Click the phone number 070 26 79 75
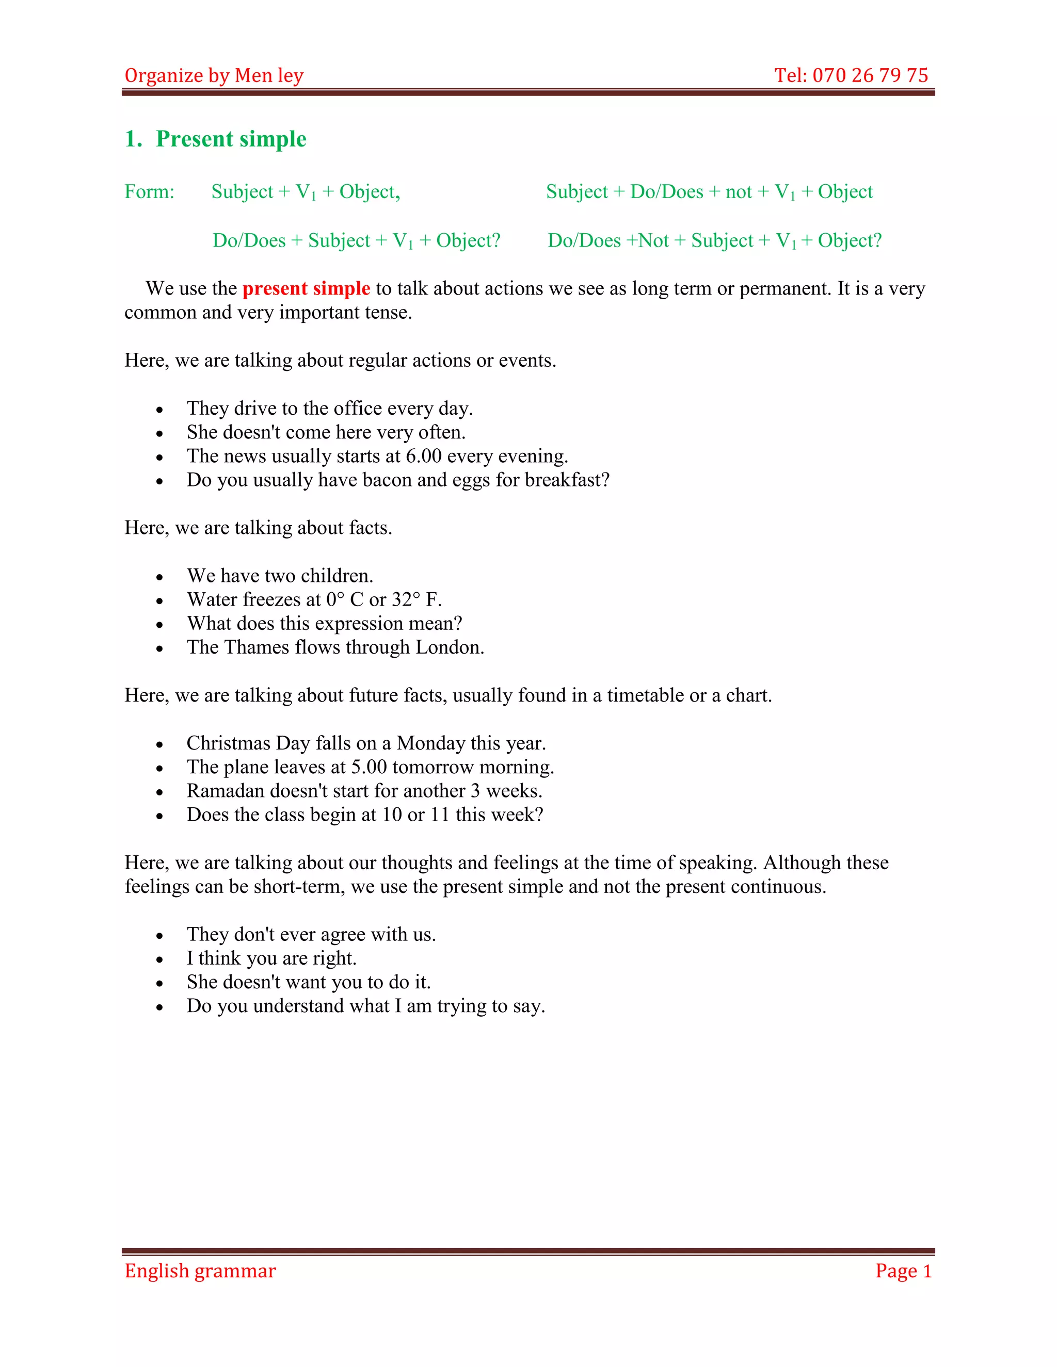870,76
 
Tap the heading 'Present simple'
231,139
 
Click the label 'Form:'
150,191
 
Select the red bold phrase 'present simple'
306,288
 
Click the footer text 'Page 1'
903,1271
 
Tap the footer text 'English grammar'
200,1271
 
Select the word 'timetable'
645,695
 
